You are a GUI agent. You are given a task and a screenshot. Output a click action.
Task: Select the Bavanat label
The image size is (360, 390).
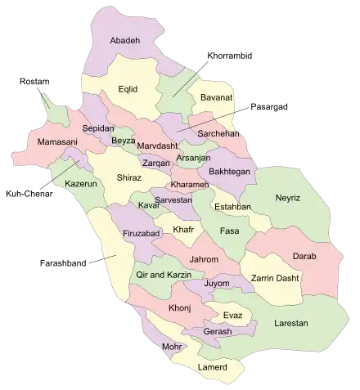coord(208,99)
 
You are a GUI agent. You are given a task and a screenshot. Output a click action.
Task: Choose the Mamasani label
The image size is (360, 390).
coord(46,143)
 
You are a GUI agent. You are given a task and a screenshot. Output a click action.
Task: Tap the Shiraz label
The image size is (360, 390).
coord(129,177)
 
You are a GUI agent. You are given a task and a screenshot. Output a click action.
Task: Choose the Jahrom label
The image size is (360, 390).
coord(203,260)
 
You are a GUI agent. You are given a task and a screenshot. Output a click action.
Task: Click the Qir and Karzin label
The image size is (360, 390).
coord(164,276)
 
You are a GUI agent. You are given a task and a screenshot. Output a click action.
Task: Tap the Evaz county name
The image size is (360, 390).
coord(232,313)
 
